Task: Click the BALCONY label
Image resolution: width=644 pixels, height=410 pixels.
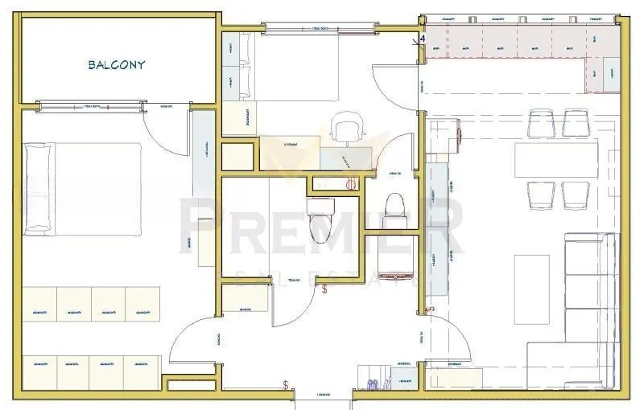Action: (x=116, y=65)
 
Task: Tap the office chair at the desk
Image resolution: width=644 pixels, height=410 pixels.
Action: (x=346, y=129)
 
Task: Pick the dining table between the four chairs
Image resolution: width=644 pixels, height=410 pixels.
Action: (x=556, y=158)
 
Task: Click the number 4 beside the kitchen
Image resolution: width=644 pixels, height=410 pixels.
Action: (x=423, y=38)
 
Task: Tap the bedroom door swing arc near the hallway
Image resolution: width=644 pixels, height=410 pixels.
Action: (x=193, y=338)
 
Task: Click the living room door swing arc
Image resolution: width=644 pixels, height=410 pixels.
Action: (x=451, y=338)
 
